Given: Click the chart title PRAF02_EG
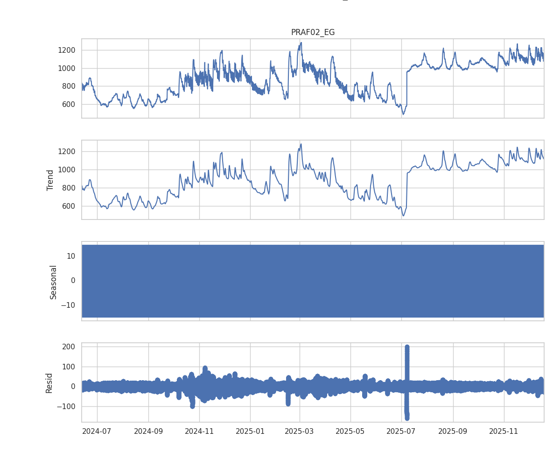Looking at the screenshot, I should pyautogui.click(x=313, y=32).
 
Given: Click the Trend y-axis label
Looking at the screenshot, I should pyautogui.click(x=50, y=180).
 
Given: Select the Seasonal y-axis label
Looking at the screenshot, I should pyautogui.click(x=53, y=282).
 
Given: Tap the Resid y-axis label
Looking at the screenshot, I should pyautogui.click(x=49, y=383).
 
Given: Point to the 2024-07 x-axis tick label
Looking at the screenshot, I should pyautogui.click(x=97, y=431).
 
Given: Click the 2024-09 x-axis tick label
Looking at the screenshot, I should pyautogui.click(x=148, y=431).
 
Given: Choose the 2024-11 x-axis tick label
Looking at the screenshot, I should pyautogui.click(x=199, y=431).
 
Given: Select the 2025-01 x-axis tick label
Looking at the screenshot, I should pyautogui.click(x=250, y=431).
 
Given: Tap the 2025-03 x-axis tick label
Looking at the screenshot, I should pyautogui.click(x=300, y=431).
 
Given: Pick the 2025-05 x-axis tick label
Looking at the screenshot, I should pyautogui.click(x=350, y=431).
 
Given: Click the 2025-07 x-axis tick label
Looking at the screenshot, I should pyautogui.click(x=401, y=431).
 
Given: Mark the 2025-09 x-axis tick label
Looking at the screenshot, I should pyautogui.click(x=453, y=431).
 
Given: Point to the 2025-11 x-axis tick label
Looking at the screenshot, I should pyautogui.click(x=504, y=431).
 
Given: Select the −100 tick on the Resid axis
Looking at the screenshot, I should pyautogui.click(x=66, y=406).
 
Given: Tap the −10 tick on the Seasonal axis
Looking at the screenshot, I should pyautogui.click(x=68, y=305).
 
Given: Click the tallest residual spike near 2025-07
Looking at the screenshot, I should pyautogui.click(x=407, y=347).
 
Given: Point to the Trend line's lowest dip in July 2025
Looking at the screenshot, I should pyautogui.click(x=404, y=215).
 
